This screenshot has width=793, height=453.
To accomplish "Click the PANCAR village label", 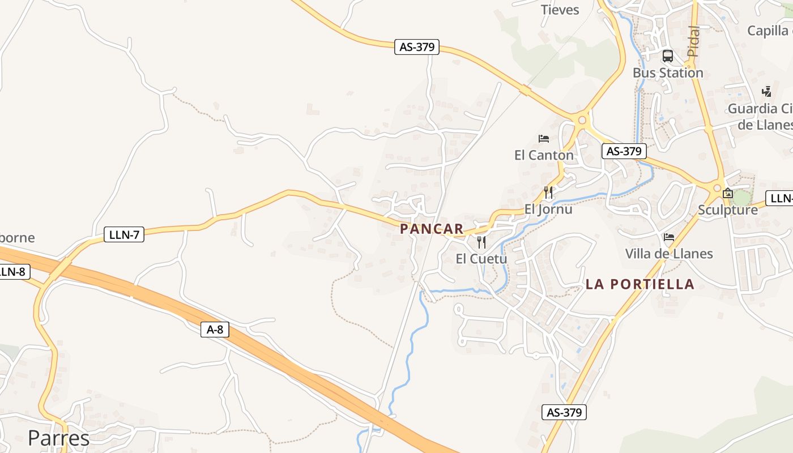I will [432, 229].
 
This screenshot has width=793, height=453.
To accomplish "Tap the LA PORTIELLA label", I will [639, 284].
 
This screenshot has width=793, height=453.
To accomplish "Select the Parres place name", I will [58, 438].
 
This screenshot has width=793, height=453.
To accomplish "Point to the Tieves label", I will [560, 10].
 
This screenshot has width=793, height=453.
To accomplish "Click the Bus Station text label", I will [668, 72].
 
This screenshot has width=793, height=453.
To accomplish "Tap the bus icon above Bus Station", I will [668, 56].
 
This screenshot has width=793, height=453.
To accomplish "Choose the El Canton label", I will [544, 155].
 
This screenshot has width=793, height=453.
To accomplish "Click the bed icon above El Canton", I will [544, 139].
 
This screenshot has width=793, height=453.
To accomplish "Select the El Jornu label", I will [548, 209].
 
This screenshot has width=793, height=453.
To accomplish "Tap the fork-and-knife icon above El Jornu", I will [548, 193].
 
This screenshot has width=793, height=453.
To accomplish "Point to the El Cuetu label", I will [481, 259].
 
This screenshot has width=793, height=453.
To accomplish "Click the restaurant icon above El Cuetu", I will [481, 242].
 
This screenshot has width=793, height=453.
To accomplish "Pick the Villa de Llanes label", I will [669, 253].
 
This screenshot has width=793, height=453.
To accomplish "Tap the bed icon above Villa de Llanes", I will [669, 237].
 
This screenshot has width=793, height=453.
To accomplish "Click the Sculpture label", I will [728, 210].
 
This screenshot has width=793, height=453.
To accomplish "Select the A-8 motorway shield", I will [215, 330].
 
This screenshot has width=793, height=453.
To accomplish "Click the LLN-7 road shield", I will [124, 234].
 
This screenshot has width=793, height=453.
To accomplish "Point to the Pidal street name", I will [693, 41].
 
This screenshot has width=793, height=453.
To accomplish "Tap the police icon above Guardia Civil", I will [767, 91].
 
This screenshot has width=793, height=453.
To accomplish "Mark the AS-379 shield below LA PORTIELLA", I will [564, 412].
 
